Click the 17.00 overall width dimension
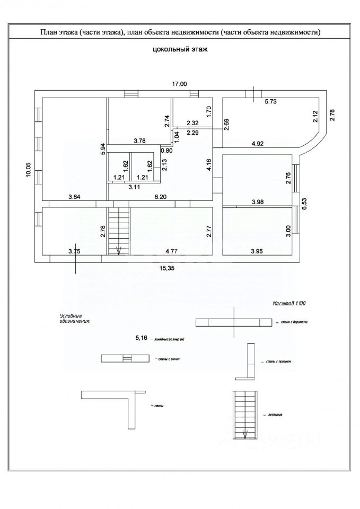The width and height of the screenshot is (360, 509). pyautogui.click(x=179, y=84)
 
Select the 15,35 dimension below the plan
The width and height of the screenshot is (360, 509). pyautogui.click(x=168, y=269)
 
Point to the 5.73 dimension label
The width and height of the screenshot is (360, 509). pyautogui.click(x=271, y=101)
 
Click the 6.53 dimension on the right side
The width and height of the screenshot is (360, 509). pyautogui.click(x=305, y=204)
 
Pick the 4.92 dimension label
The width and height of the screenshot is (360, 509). pyautogui.click(x=258, y=143)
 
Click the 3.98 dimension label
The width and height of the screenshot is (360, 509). pyautogui.click(x=258, y=201)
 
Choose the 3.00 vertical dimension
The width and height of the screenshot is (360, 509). pyautogui.click(x=288, y=231)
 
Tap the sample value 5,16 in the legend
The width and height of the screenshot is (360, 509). pyautogui.click(x=142, y=337)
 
